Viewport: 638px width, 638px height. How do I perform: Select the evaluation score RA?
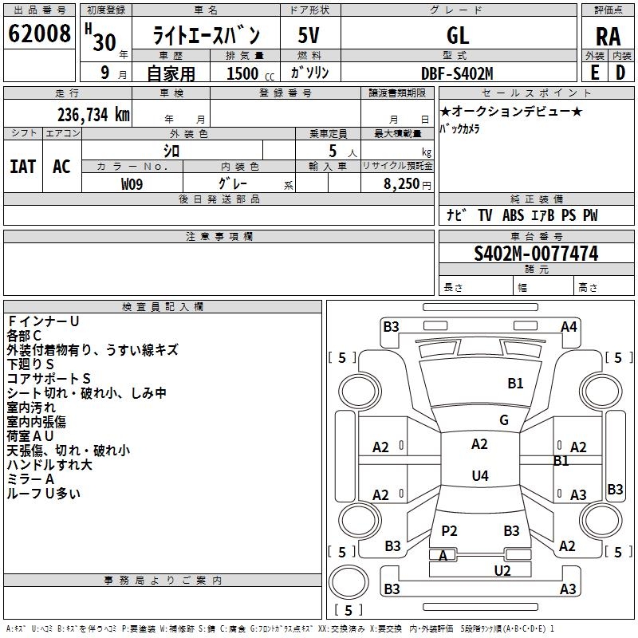[608, 36]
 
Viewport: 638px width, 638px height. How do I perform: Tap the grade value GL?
[458, 35]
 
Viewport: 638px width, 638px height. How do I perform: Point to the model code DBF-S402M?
[457, 73]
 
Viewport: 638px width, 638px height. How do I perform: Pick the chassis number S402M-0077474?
[536, 254]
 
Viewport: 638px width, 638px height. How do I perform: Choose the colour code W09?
[132, 184]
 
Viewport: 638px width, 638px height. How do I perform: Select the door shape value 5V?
[310, 35]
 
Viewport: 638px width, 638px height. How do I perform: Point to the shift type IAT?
[22, 166]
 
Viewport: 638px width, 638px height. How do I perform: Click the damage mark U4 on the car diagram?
[479, 476]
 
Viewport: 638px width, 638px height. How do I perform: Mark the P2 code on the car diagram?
[449, 530]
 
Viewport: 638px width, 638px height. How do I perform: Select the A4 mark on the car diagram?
[569, 326]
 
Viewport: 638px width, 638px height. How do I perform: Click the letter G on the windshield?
[503, 420]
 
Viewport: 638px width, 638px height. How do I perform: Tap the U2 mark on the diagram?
[502, 570]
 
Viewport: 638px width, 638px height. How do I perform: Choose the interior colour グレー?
[231, 184]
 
